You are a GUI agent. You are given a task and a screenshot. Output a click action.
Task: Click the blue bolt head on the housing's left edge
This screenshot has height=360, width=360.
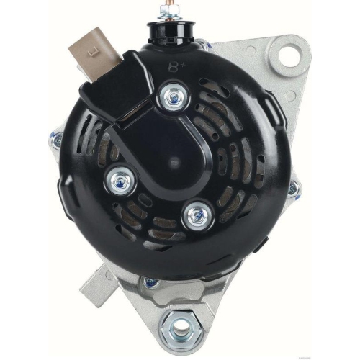[x=57, y=140]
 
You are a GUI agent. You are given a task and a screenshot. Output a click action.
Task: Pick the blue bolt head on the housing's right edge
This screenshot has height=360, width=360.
[x=292, y=191]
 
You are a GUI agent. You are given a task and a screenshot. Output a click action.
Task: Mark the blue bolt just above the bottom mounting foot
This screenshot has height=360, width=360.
[x=150, y=283]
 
